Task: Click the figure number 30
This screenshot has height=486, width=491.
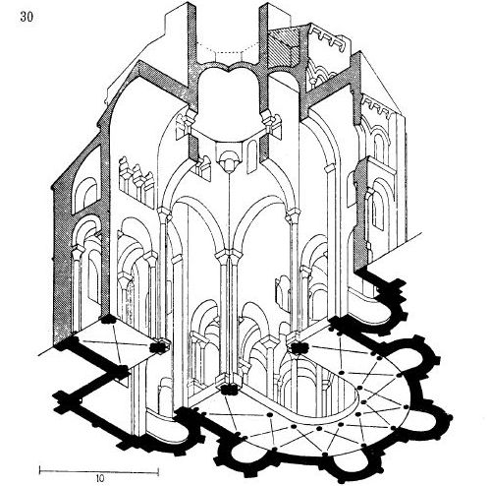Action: click(x=27, y=17)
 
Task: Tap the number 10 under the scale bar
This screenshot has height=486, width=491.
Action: click(x=100, y=477)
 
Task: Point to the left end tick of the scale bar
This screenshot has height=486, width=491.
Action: click(x=40, y=470)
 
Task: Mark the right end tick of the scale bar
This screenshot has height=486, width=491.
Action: click(x=159, y=470)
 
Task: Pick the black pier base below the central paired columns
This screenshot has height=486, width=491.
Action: click(x=230, y=391)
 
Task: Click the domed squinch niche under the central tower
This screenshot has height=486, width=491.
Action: click(x=228, y=160)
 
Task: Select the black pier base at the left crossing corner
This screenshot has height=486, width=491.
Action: click(x=159, y=347)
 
